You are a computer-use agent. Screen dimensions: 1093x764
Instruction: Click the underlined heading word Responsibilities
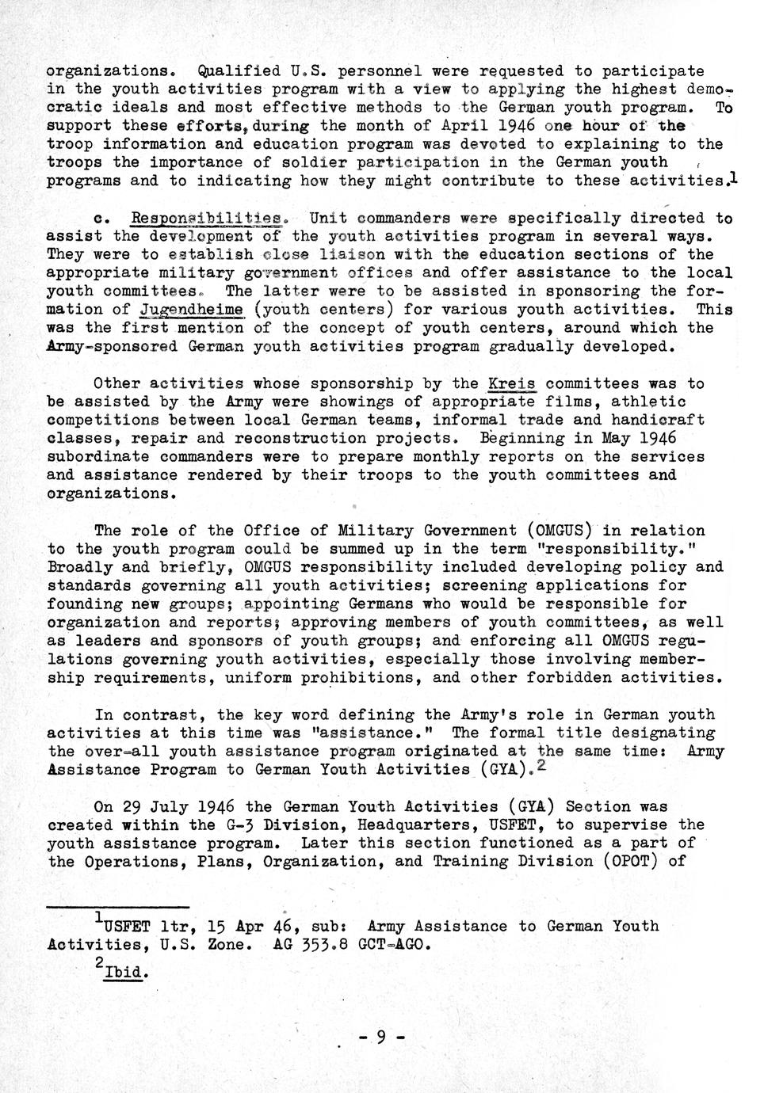coord(208,218)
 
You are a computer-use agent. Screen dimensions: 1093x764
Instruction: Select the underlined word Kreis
coord(512,384)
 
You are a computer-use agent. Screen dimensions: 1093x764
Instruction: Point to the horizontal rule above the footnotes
coord(117,906)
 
